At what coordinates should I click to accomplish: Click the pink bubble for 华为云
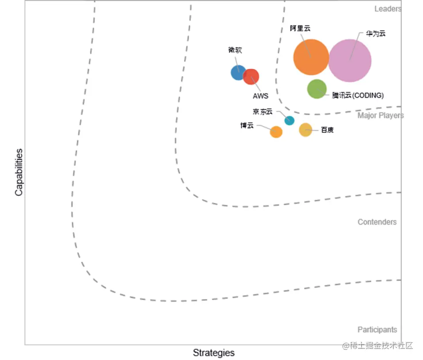click(350, 61)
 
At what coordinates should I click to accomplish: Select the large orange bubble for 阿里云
click(311, 57)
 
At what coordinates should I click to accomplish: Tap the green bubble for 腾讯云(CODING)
click(317, 89)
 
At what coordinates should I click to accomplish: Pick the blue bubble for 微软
click(238, 72)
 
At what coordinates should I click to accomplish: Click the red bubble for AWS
click(251, 77)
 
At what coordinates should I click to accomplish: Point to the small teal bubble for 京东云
click(289, 120)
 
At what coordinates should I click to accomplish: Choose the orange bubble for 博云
click(276, 132)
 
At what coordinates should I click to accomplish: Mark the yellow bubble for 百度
click(305, 130)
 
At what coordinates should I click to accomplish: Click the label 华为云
click(375, 34)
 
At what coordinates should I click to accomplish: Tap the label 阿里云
click(300, 28)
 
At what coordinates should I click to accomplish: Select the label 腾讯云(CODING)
click(358, 96)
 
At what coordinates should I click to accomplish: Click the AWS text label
click(260, 96)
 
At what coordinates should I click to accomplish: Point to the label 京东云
click(263, 111)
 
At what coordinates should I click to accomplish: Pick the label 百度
click(327, 130)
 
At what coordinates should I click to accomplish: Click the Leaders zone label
click(388, 9)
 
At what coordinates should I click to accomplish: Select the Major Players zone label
click(380, 116)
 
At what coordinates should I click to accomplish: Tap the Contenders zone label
click(377, 222)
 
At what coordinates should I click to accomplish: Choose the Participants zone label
click(377, 329)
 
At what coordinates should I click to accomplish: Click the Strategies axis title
click(213, 353)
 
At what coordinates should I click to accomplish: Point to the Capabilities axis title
click(19, 172)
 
